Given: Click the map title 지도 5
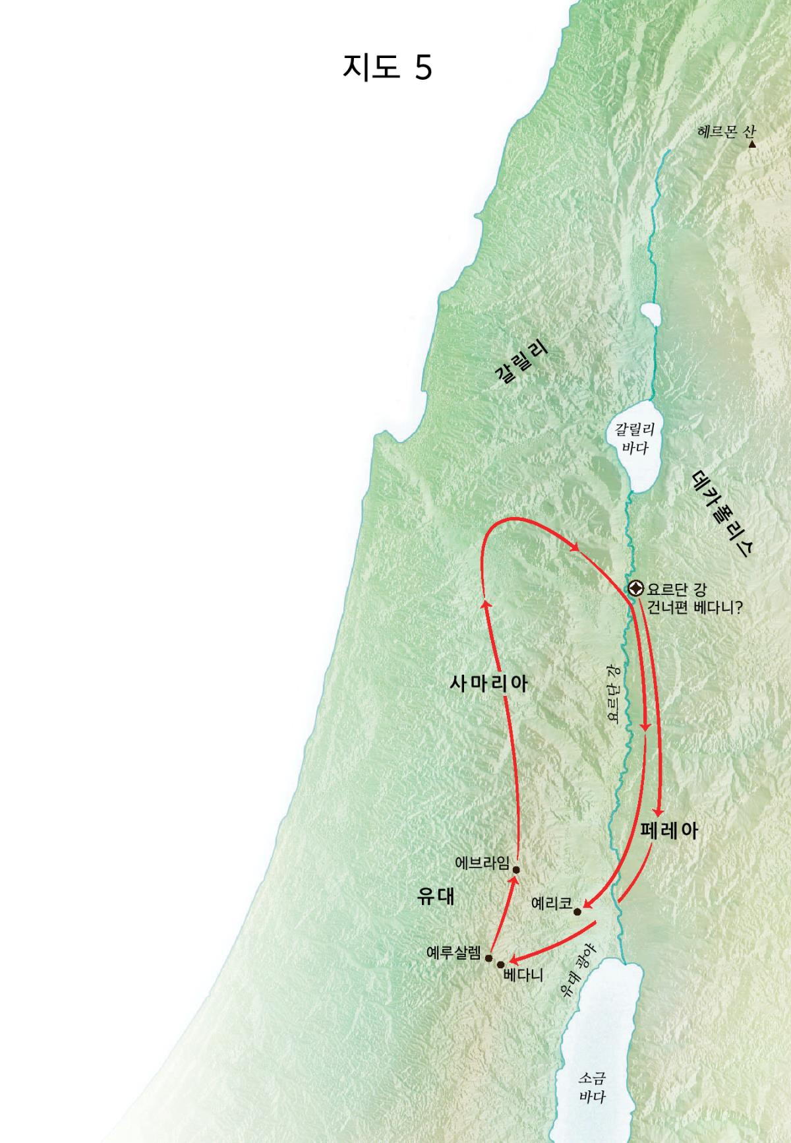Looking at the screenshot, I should tap(387, 67).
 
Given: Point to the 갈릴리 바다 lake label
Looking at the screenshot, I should tap(634, 439).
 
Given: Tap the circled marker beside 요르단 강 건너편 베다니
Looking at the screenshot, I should tap(635, 588).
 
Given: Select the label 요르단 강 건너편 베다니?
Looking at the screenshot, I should tap(694, 598).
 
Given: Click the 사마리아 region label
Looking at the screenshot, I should tap(488, 683).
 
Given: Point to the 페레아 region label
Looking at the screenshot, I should tap(669, 830).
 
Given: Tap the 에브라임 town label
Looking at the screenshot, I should tap(482, 863).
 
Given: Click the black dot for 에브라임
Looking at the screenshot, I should tap(516, 869).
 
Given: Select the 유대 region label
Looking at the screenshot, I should tap(436, 897).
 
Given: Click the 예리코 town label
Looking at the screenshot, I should tap(551, 904).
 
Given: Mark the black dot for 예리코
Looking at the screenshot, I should tap(577, 912).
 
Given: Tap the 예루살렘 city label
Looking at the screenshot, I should tap(454, 952).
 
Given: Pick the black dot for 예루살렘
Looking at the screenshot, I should tap(488, 958).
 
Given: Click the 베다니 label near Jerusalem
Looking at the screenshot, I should tap(523, 975).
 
